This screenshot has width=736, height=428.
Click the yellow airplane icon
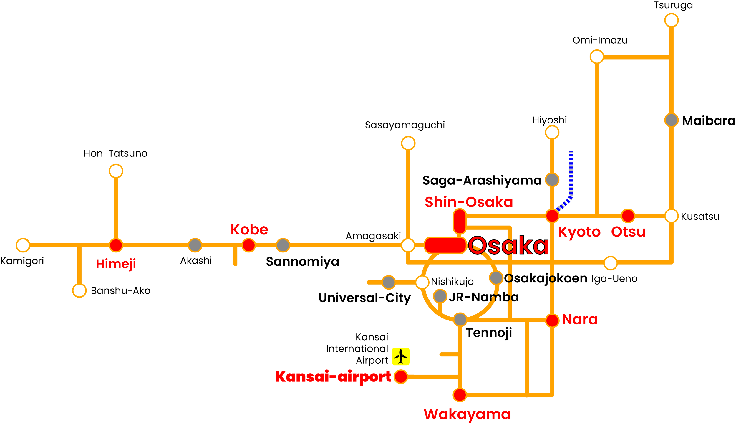pos(401,356)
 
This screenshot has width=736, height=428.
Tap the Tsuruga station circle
pos(671,20)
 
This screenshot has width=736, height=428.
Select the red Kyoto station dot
pos(552,216)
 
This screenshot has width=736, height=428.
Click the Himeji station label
pos(116,264)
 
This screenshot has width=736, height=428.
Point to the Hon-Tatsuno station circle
pos(116,171)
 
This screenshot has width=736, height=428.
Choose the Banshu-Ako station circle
pos(79,290)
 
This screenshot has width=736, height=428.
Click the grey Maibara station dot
pos(671,120)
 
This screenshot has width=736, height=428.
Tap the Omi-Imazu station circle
pos(597,57)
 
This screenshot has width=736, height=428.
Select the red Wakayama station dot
pos(460,395)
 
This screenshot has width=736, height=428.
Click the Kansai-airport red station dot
pos(400,376)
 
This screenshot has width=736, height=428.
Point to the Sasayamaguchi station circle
pos(408,143)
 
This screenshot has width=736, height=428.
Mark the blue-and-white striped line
pos(571,177)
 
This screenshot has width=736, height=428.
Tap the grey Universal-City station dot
pos(389,282)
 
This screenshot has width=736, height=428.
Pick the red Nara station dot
pos(552,320)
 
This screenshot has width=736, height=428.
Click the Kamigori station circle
pos(23,245)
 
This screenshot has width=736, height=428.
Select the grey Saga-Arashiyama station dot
pos(552,179)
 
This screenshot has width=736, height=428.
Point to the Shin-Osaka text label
pos(469,202)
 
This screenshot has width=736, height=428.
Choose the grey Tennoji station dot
pos(460,319)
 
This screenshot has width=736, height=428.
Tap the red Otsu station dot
pos(628,216)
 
